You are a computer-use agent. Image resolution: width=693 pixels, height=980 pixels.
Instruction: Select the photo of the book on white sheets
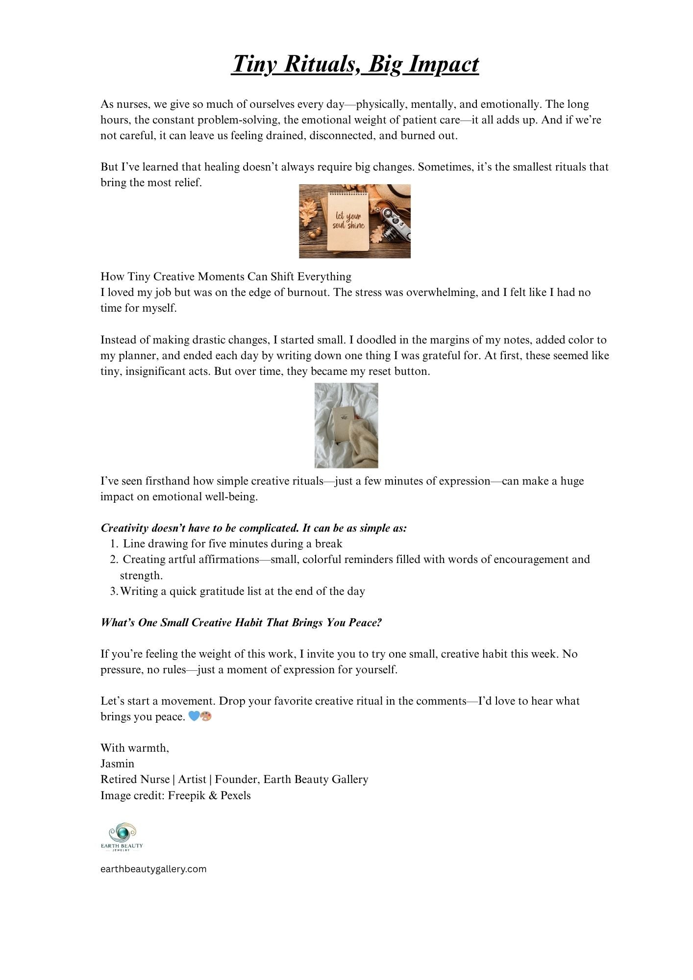tap(346, 425)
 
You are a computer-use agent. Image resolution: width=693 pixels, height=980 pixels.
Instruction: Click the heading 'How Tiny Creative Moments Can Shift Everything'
tap(226, 276)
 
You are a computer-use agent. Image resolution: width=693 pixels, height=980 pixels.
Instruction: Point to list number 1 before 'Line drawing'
tap(114, 543)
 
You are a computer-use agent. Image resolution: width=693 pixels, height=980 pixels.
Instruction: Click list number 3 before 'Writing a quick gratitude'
tap(114, 591)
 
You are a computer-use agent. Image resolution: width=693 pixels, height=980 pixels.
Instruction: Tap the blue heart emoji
tap(194, 716)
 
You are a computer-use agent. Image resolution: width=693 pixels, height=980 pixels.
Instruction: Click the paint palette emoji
tap(206, 716)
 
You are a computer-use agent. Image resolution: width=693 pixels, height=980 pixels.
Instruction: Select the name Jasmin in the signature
tap(117, 763)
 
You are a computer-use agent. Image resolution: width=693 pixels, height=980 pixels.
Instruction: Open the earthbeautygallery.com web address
tap(153, 869)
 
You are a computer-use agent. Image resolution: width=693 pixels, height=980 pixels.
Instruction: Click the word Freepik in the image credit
tap(186, 795)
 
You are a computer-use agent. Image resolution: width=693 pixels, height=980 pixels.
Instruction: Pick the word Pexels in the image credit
tap(235, 795)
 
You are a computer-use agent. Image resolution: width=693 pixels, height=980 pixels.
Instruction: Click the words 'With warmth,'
tap(135, 748)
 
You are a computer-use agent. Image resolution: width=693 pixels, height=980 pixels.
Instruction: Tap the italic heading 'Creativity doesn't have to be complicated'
tap(253, 528)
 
